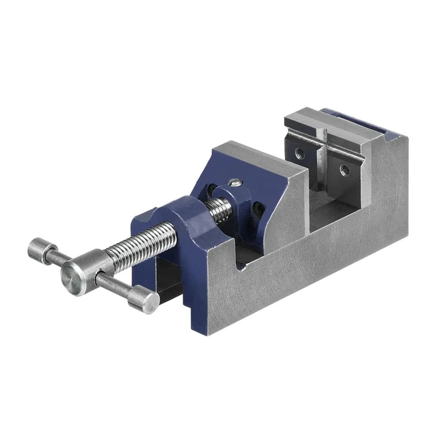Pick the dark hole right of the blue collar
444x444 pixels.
(x=259, y=209)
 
